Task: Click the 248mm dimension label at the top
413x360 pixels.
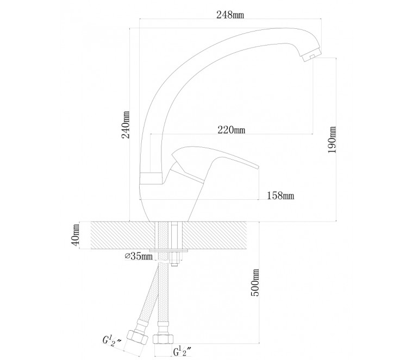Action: (x=230, y=15)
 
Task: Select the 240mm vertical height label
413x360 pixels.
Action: (x=126, y=125)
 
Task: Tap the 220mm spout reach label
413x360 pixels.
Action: (x=231, y=130)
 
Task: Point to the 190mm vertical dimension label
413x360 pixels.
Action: (x=332, y=140)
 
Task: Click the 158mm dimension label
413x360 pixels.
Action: (x=280, y=195)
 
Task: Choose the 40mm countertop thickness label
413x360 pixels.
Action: (x=76, y=235)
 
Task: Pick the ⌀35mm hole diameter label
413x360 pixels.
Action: (x=139, y=256)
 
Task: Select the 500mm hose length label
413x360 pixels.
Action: (x=255, y=282)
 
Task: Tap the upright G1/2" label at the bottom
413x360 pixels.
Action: (x=182, y=351)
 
